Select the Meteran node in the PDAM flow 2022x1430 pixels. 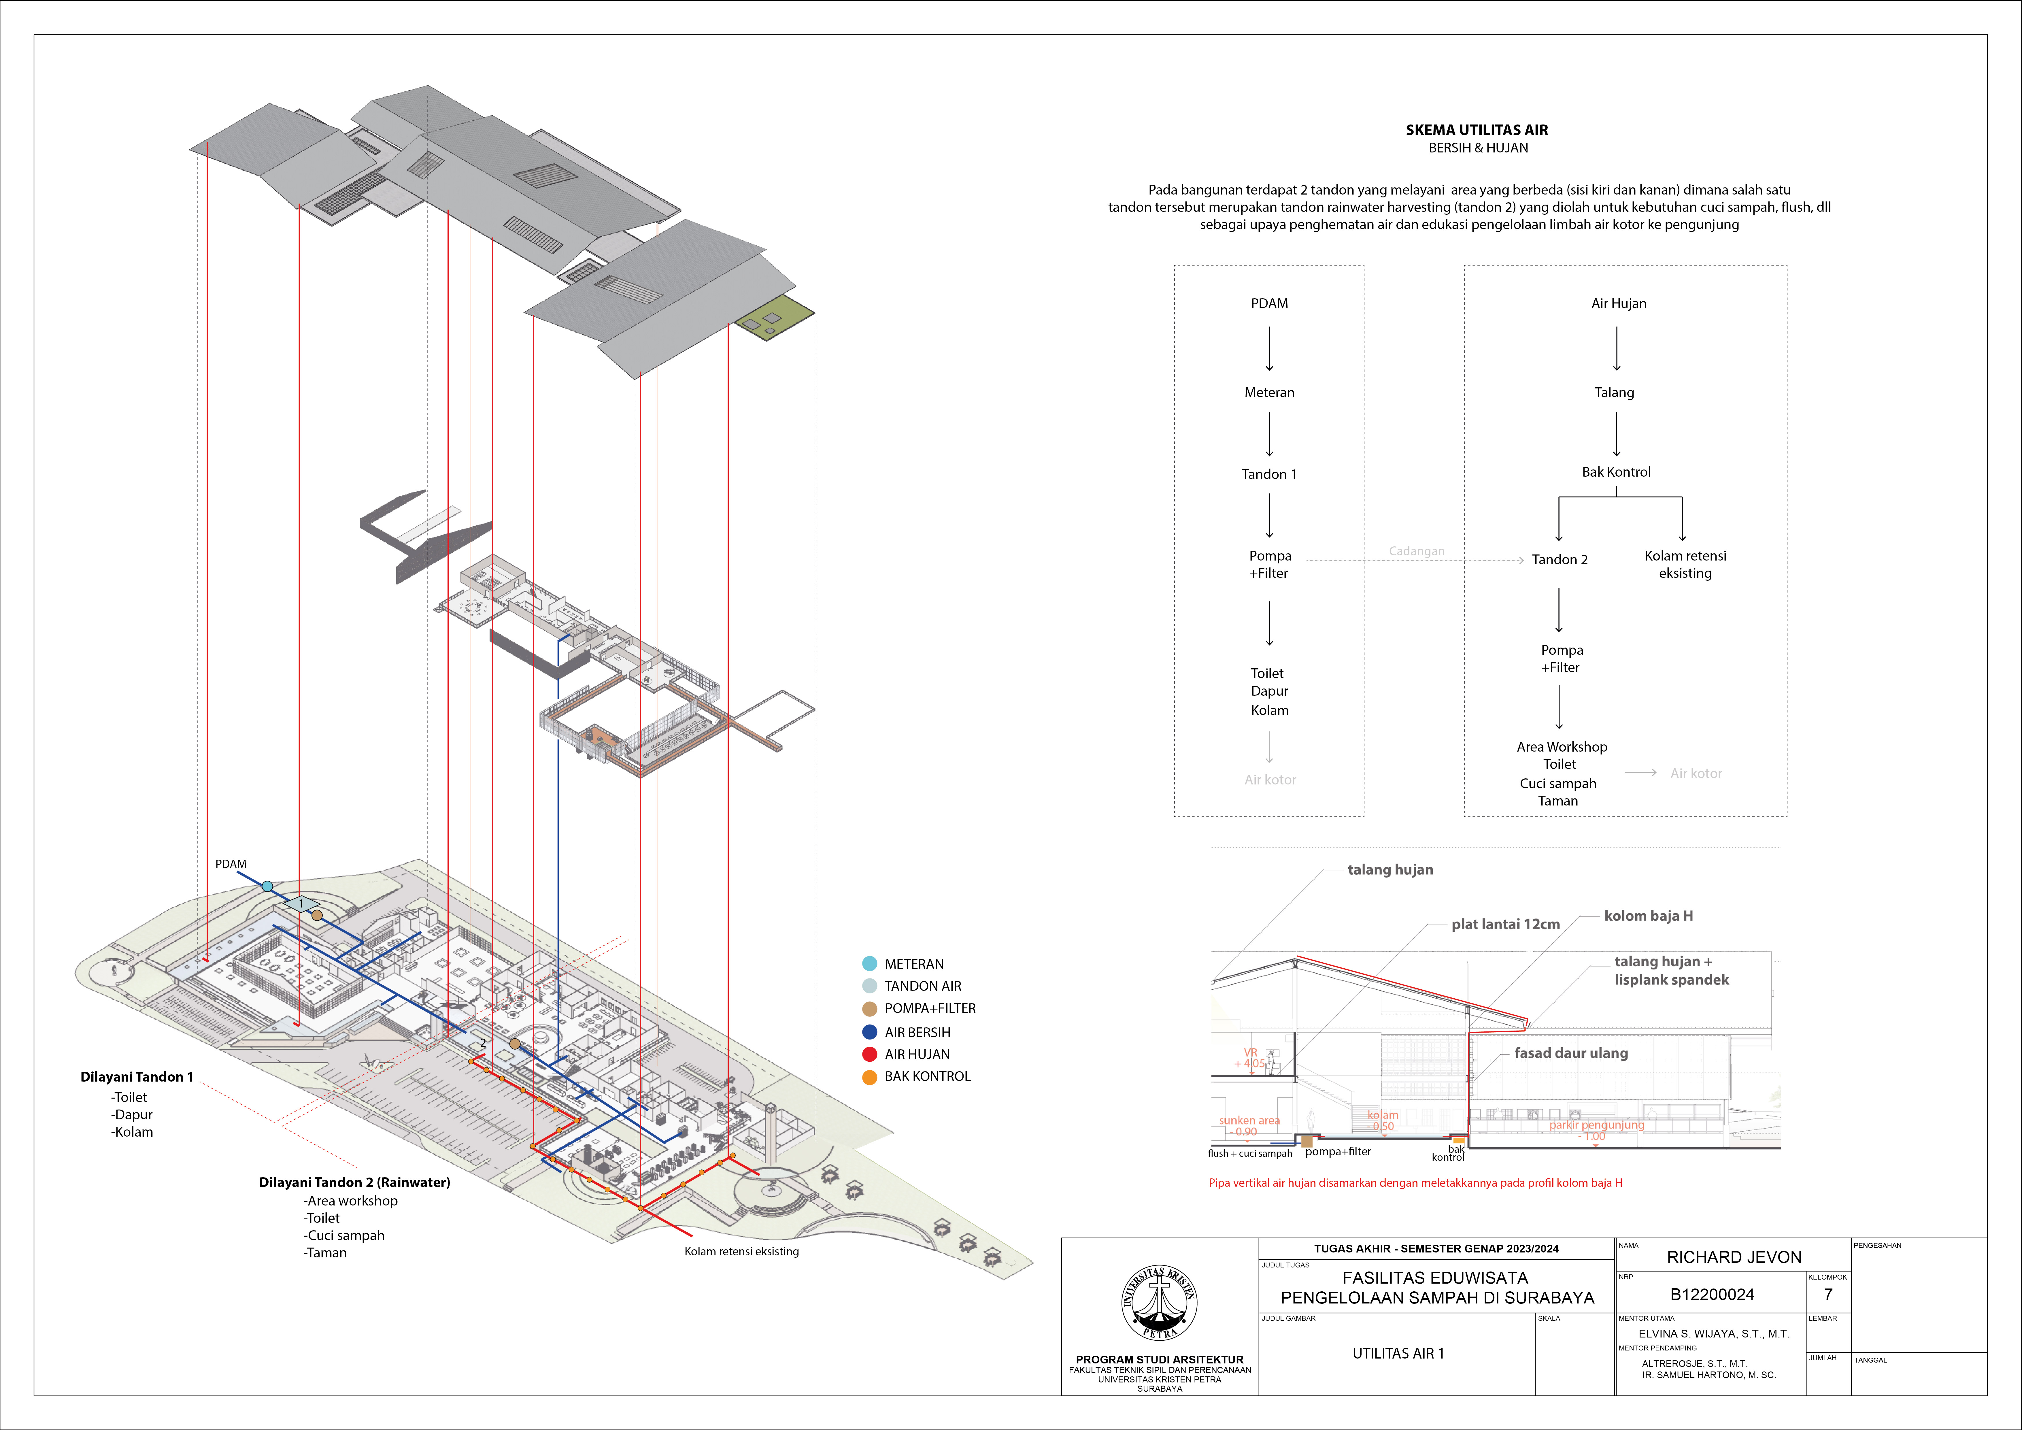tap(1269, 393)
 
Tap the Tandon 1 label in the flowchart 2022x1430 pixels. tap(1269, 475)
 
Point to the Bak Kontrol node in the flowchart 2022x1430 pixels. tap(1616, 472)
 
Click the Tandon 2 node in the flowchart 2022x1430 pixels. tap(1560, 560)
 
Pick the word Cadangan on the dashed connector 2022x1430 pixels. tap(1416, 551)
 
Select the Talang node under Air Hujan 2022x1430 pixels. tap(1614, 393)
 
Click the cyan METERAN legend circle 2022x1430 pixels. tap(869, 964)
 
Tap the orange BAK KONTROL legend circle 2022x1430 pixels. tap(869, 1077)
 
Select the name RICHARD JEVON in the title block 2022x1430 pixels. tap(1734, 1257)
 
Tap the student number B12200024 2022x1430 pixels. tap(1712, 1294)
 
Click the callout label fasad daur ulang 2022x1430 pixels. tap(1571, 1053)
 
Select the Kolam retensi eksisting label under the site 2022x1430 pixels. tap(741, 1251)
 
